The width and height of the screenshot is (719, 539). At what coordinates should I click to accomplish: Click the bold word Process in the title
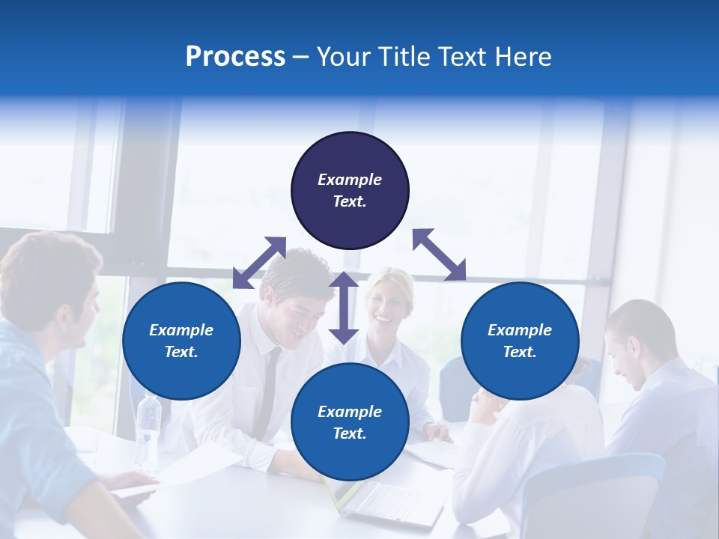[x=235, y=57]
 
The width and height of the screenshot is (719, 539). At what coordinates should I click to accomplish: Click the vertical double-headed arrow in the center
[x=344, y=308]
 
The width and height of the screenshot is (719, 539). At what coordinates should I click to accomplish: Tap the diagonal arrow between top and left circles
[x=259, y=262]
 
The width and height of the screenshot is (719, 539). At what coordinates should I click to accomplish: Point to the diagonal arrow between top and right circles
[x=439, y=255]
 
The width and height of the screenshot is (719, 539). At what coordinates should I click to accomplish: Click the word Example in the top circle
[x=350, y=180]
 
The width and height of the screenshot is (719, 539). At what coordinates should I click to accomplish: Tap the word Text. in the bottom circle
[x=350, y=433]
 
